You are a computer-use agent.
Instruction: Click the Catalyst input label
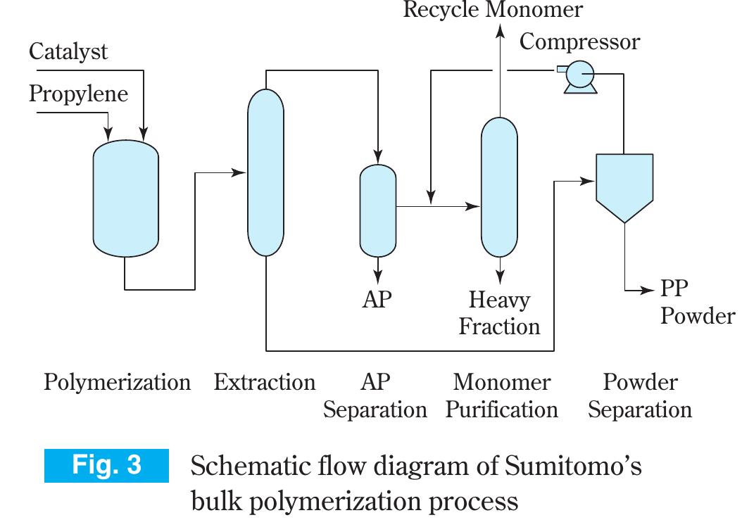coord(68,51)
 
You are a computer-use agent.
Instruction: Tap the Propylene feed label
coord(79,94)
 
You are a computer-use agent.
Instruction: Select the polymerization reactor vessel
coord(126,198)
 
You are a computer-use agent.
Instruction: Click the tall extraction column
coord(266,172)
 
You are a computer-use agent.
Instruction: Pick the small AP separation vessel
coord(378,210)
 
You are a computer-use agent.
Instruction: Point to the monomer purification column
coord(499,186)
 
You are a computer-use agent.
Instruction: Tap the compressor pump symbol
coord(581,75)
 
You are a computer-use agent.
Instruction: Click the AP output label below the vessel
coord(377,299)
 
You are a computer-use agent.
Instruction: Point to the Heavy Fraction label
coord(499,313)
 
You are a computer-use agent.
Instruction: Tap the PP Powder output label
coord(697,303)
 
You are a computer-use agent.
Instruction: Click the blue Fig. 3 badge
coord(107,466)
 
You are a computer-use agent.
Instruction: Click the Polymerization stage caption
coord(117,383)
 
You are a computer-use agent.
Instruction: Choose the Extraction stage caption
coord(265,383)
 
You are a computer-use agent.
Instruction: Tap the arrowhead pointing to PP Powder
coord(651,290)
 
